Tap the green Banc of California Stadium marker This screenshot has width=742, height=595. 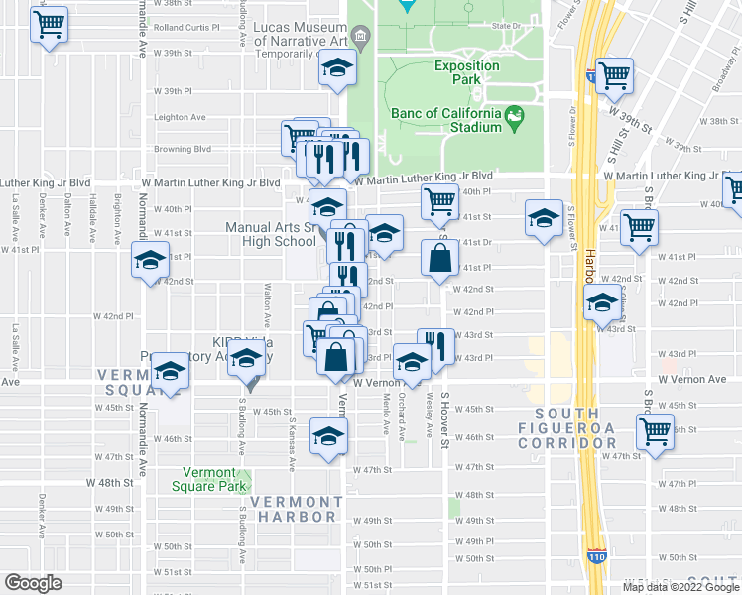pos(514,119)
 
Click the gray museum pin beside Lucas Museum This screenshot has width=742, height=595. pos(360,40)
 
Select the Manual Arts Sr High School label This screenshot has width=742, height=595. pos(270,234)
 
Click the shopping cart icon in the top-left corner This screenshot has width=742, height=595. pos(50,24)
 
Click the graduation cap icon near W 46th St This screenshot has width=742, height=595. pos(329,436)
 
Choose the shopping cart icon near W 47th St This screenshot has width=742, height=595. pos(656,432)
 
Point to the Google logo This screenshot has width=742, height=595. pos(33,583)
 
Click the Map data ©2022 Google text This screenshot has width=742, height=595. pos(680,587)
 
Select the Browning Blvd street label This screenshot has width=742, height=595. pos(183,150)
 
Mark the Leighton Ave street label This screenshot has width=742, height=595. pos(180,117)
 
